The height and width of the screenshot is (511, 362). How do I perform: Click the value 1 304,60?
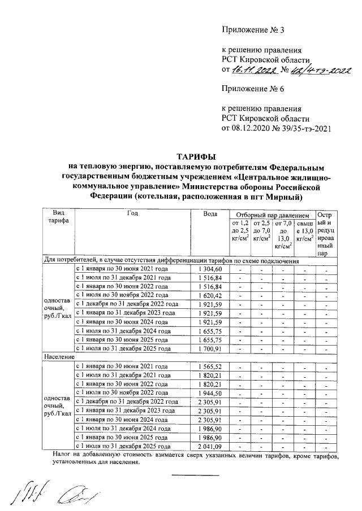point(210,269)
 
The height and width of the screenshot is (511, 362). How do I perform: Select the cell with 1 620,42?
point(210,295)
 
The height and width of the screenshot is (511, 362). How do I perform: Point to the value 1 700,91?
point(210,349)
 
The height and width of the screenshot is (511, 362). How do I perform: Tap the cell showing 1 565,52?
point(210,367)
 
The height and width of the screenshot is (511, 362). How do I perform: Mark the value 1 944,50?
point(210,393)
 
